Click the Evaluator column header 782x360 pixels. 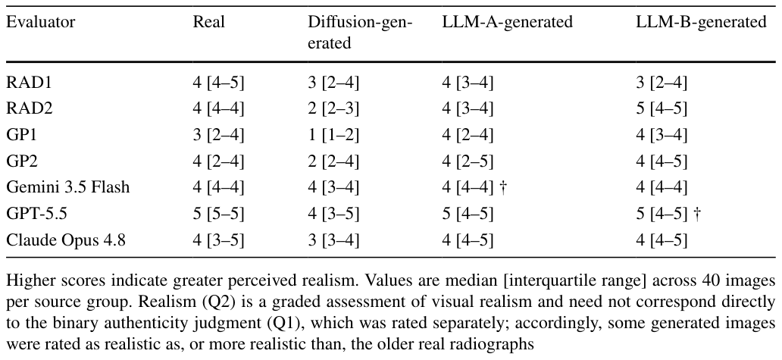[x=41, y=22]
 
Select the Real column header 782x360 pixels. [x=209, y=22]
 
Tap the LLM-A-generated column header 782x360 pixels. [x=508, y=22]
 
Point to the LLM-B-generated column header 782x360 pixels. [x=701, y=22]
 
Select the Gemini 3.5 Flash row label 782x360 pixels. [x=68, y=187]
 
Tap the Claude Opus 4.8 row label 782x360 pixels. [x=66, y=240]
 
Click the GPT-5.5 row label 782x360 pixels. [x=36, y=214]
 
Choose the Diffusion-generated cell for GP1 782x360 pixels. [x=333, y=135]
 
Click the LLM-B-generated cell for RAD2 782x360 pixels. [x=662, y=108]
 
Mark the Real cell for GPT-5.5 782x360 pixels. [x=218, y=214]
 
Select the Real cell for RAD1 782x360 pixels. [x=218, y=83]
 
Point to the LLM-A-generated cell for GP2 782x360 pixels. [x=468, y=161]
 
